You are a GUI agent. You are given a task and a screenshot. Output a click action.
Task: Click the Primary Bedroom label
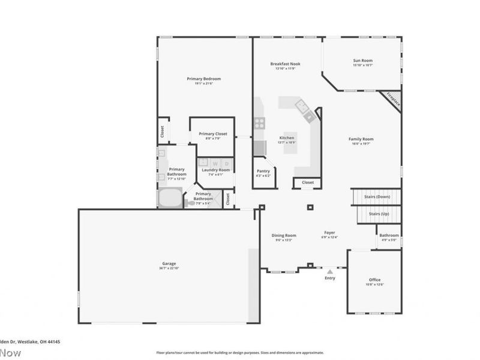point(203,79)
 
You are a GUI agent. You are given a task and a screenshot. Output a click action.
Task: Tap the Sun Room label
point(362,61)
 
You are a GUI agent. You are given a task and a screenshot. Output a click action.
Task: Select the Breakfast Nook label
point(286,64)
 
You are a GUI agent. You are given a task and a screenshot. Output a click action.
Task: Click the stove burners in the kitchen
point(260,122)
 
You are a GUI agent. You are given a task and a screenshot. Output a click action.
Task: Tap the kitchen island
point(290,139)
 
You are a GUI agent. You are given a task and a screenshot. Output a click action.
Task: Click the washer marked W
point(215,163)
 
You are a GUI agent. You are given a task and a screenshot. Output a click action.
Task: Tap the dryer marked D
point(226,163)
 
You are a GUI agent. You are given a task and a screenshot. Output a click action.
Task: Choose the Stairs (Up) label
point(379,214)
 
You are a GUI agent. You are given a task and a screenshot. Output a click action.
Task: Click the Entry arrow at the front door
point(329,269)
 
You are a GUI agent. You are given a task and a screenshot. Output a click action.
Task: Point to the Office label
point(374,280)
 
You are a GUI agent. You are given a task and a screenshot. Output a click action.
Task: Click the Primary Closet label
point(213,134)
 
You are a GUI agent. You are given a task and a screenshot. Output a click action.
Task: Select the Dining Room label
point(283,235)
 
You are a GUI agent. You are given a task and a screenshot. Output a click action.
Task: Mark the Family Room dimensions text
point(361,143)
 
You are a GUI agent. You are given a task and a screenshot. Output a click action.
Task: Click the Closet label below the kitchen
point(307,182)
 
